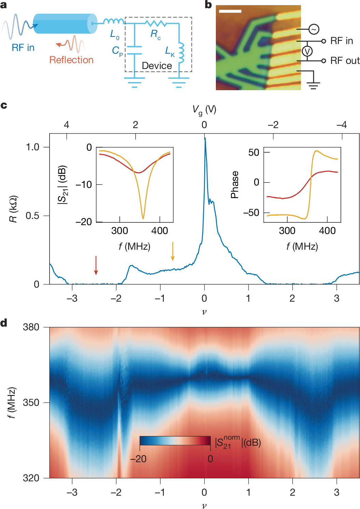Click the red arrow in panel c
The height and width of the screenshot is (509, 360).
(96, 265)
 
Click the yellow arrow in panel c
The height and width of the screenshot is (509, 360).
(172, 251)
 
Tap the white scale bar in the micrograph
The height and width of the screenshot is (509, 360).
(230, 11)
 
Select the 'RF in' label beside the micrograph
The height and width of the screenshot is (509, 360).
(341, 41)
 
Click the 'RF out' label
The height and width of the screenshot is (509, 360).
(345, 61)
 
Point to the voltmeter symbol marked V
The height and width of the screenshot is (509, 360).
(307, 51)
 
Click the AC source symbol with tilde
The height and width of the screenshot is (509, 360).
(314, 29)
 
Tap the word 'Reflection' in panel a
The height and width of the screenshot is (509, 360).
(71, 60)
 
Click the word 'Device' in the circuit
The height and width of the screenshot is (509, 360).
(157, 66)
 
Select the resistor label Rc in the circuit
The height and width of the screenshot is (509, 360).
(155, 34)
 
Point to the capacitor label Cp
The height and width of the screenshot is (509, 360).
(117, 51)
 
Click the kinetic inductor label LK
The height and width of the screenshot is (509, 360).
(170, 51)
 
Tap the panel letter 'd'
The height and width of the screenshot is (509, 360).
(4, 323)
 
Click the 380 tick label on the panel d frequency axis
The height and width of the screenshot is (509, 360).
(31, 327)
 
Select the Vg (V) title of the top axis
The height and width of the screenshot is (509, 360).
(204, 110)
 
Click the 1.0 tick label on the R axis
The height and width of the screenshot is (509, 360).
(33, 147)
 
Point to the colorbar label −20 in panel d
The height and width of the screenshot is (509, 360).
(138, 459)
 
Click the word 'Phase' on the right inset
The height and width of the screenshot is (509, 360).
(234, 184)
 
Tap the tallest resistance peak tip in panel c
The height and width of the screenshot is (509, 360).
(205, 138)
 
